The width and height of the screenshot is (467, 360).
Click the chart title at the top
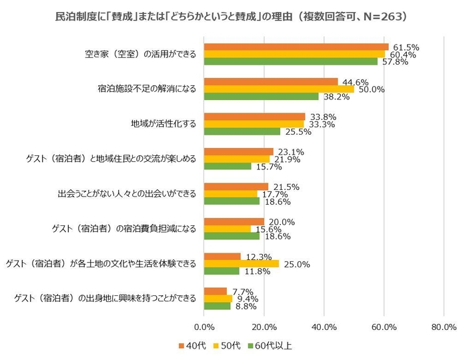click(233, 15)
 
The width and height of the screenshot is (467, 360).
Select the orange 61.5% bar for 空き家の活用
click(296, 47)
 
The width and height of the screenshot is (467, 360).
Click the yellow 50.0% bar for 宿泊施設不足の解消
click(278, 89)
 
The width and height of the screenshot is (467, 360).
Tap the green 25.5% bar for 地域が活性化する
click(242, 131)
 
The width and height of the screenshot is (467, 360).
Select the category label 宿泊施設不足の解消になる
click(147, 89)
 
